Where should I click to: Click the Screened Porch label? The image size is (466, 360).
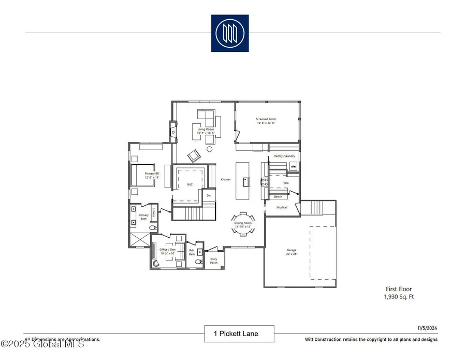pos(266,121)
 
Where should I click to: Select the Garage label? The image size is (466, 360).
pos(292,252)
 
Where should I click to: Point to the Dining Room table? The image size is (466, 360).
pos(243,224)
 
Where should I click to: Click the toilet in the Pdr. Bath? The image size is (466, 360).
pos(197,262)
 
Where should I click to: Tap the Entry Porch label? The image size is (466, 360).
pos(214,262)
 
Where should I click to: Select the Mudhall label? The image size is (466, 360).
pos(281,206)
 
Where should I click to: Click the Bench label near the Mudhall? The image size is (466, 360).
pos(278,197)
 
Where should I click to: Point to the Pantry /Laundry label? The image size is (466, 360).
pos(284,155)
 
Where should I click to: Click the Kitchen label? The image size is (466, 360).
pos(225,180)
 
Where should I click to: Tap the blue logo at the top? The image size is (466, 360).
pos(229,33)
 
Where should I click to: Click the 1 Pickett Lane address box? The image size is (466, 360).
pos(239,334)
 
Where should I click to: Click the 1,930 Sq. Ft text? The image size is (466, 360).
pos(399,297)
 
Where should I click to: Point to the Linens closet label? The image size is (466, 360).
pos(154,212)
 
